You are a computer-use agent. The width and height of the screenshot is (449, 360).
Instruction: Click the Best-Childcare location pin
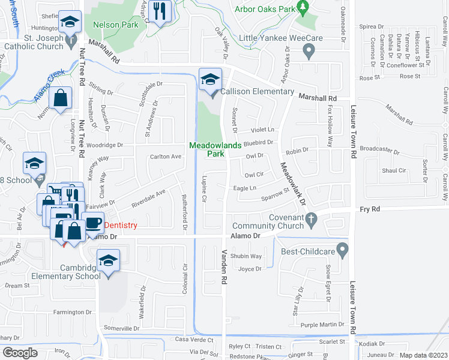(342, 248)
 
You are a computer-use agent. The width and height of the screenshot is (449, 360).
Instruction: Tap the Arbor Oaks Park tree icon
(304, 7)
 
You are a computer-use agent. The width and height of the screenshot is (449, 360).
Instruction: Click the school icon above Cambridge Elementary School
(109, 261)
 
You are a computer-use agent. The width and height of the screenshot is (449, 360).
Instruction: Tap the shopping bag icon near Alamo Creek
(61, 99)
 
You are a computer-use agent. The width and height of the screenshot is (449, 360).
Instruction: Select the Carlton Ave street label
(165, 157)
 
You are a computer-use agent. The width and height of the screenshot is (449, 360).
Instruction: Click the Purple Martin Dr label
(322, 325)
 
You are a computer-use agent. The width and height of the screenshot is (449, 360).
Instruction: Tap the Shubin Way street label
(246, 256)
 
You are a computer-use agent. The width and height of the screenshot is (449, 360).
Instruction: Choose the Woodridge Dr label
(104, 145)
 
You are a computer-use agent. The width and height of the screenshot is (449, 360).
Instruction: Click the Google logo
(20, 353)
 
